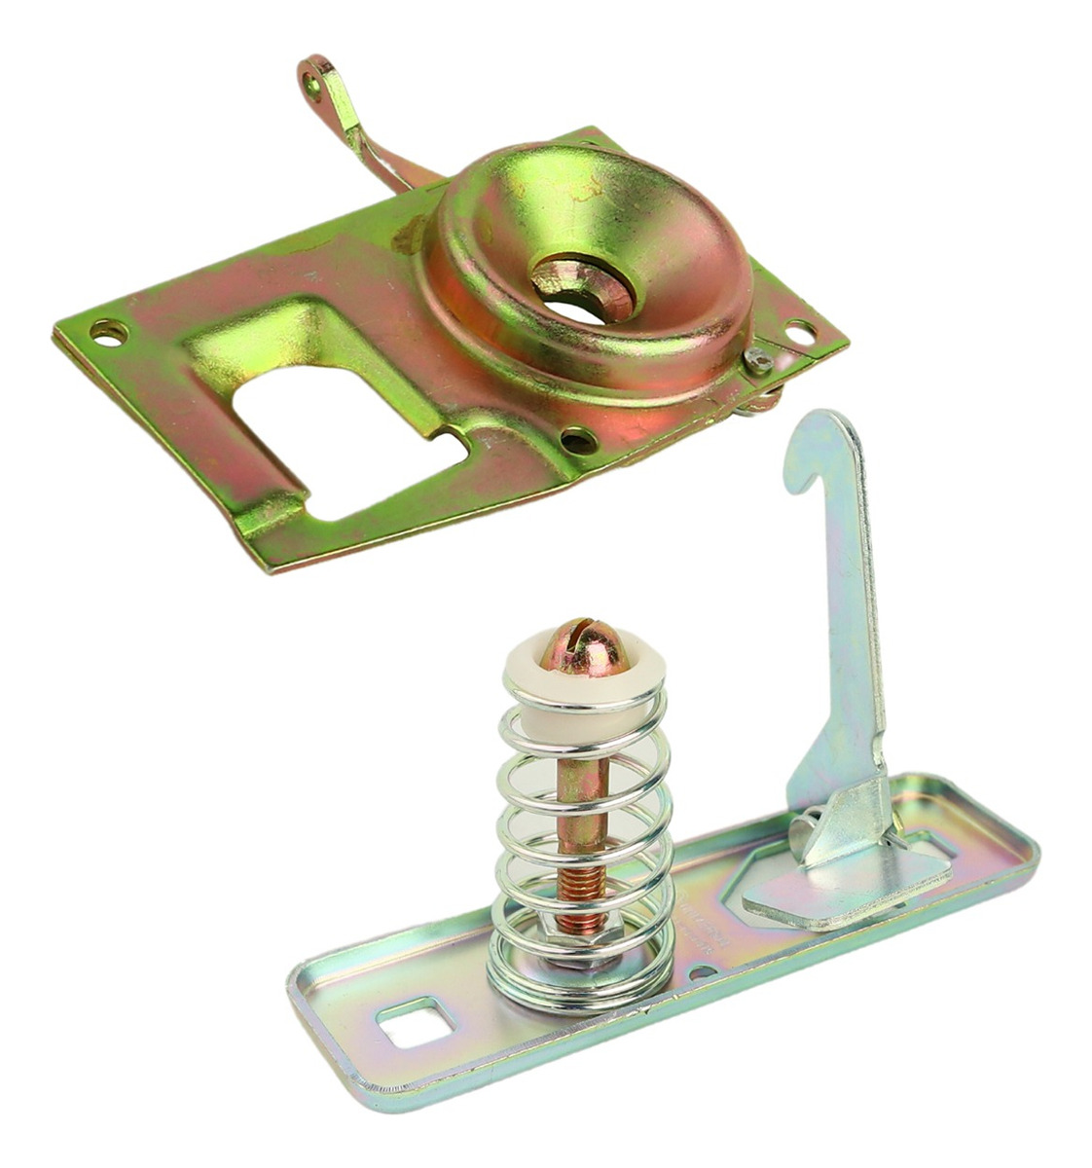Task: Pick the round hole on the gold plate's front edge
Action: coord(579,440)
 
